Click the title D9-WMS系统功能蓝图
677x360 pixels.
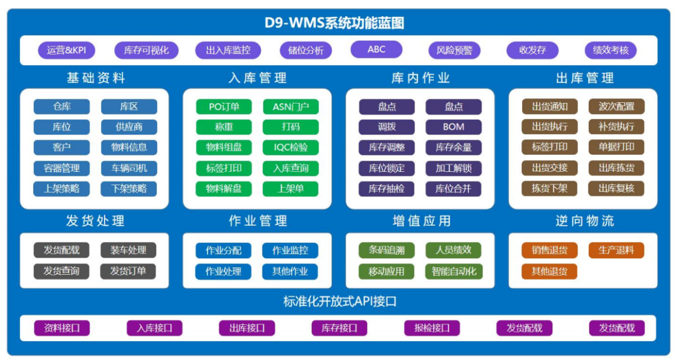(x=334, y=23)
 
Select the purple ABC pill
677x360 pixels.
(x=376, y=50)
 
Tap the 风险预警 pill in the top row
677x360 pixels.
(x=454, y=50)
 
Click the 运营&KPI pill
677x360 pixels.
(x=66, y=50)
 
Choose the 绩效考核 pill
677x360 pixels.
(x=611, y=50)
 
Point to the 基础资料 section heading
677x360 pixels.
(x=96, y=78)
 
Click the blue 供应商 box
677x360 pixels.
(x=129, y=127)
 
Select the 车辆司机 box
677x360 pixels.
(x=129, y=168)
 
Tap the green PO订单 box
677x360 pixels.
(x=224, y=107)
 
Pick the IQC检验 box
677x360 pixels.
(x=291, y=147)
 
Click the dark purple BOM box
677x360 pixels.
(x=453, y=127)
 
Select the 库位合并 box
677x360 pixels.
(x=453, y=189)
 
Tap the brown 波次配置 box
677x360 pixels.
(x=616, y=107)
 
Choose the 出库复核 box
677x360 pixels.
(x=616, y=188)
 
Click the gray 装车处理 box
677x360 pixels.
(x=128, y=250)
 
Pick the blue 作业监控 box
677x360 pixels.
(x=290, y=250)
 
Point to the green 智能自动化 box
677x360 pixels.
(x=453, y=272)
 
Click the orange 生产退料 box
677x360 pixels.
(x=616, y=250)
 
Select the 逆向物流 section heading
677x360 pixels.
(x=585, y=221)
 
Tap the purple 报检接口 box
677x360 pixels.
(x=432, y=328)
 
